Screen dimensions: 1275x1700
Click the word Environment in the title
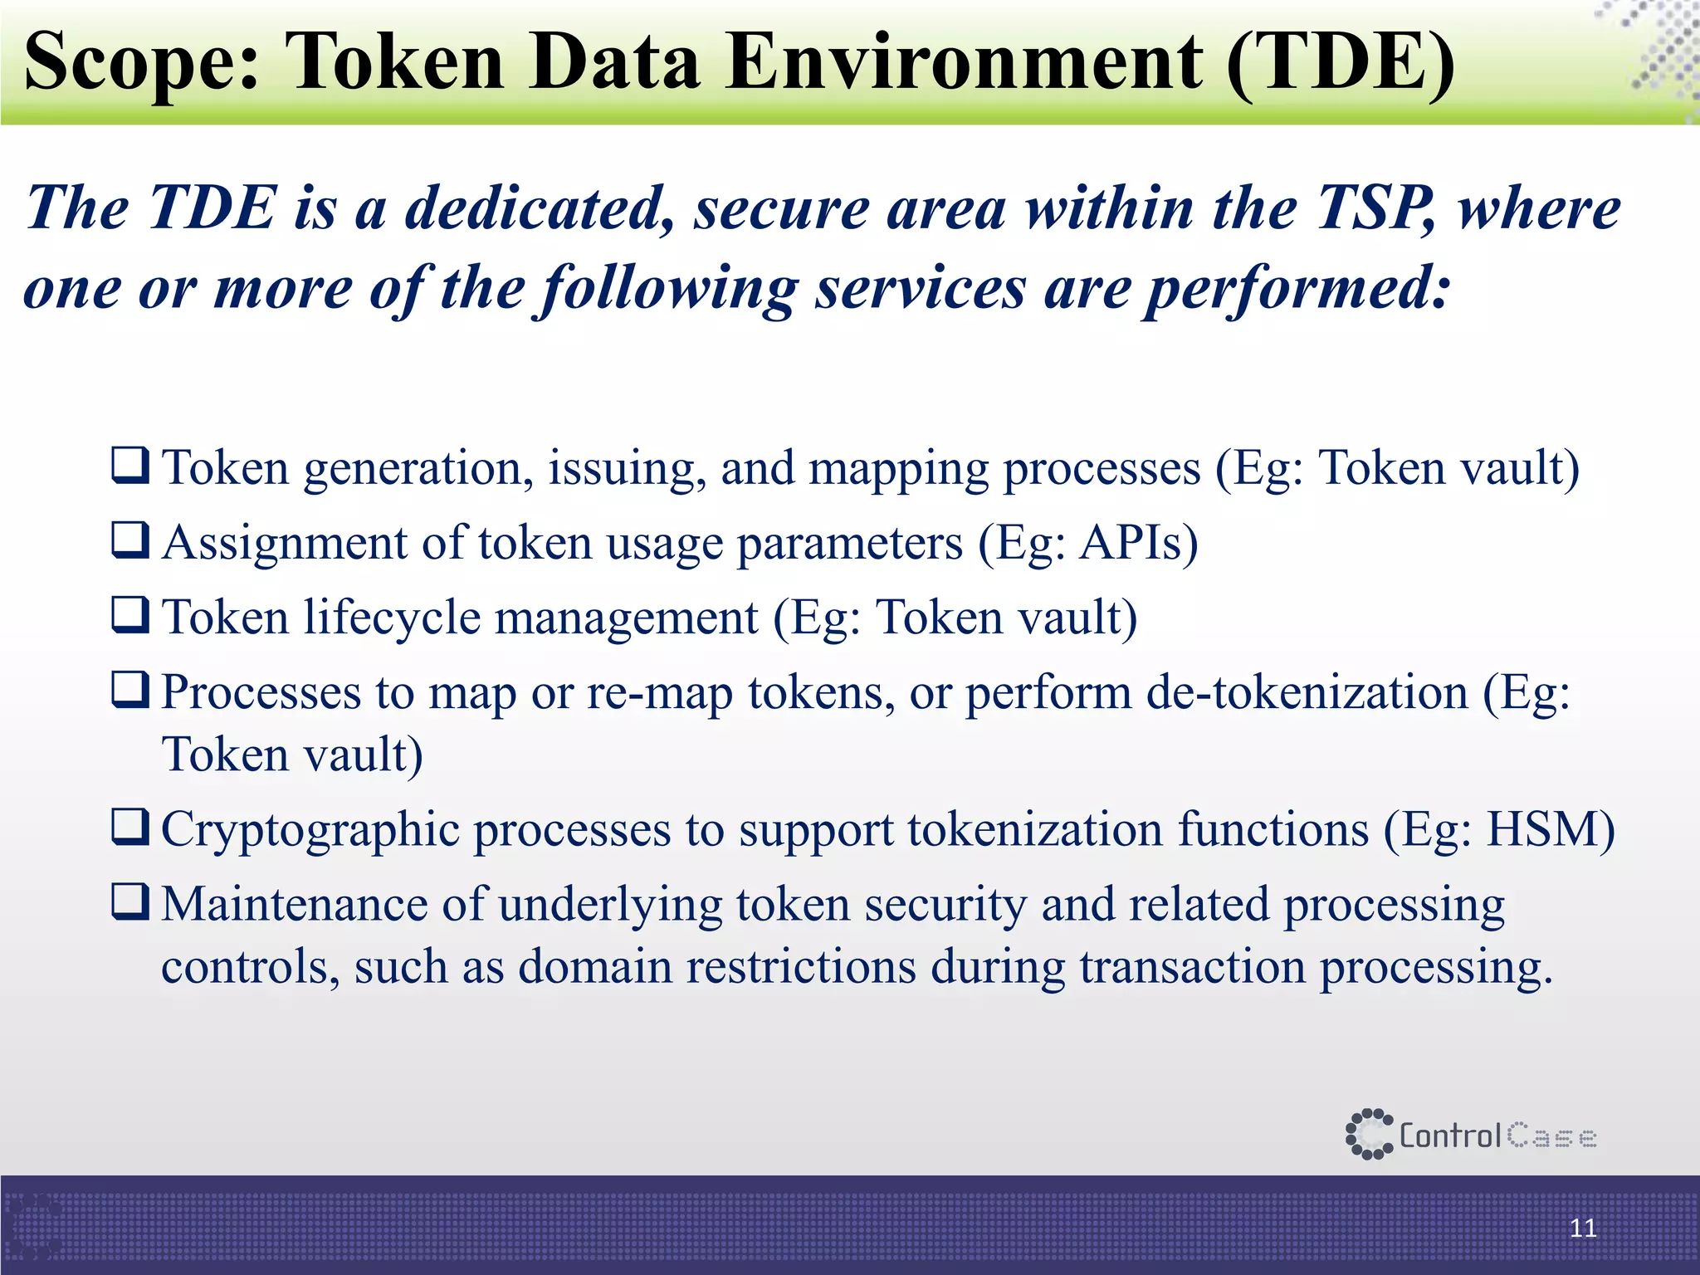tap(963, 63)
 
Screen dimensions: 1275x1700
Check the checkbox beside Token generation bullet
tap(131, 466)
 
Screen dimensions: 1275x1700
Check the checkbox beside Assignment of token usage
tap(131, 540)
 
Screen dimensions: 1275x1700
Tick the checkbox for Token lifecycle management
tap(131, 615)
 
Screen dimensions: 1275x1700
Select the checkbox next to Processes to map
tap(131, 690)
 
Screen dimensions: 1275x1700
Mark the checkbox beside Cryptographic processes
tap(131, 827)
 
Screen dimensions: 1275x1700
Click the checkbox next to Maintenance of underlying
tap(131, 901)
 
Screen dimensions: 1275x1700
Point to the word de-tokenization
tap(1307, 693)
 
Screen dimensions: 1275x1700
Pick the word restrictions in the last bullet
tap(800, 967)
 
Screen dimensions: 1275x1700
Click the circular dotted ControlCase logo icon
tap(1368, 1134)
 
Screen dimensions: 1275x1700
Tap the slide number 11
tap(1583, 1228)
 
